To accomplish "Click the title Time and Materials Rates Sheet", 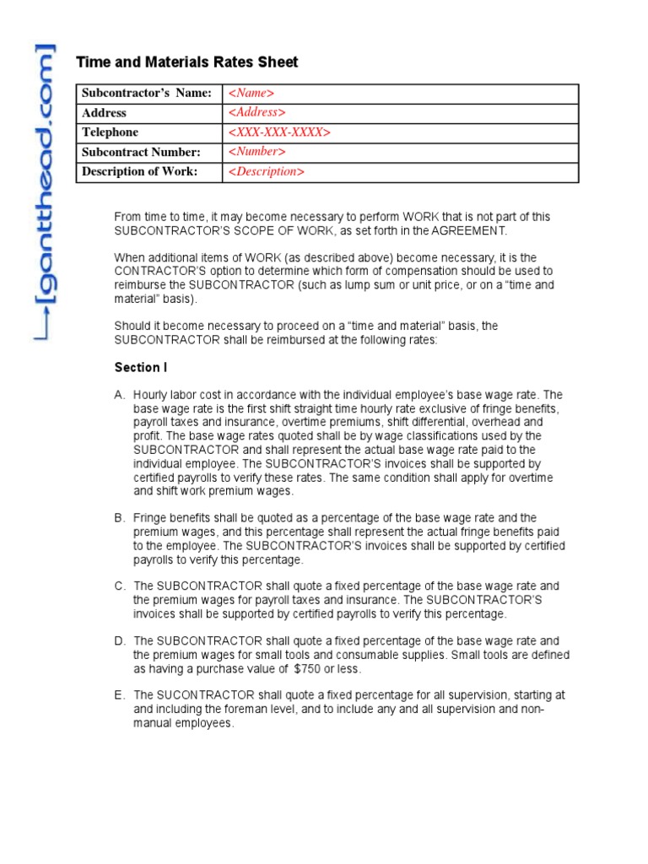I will [186, 62].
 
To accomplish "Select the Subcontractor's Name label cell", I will [146, 93].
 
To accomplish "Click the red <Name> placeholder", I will [251, 93].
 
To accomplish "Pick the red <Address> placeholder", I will [256, 112].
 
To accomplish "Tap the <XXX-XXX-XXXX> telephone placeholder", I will [279, 132].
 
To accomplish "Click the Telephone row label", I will [110, 132].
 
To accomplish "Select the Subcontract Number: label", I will [141, 152].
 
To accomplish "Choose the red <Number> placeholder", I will [256, 152].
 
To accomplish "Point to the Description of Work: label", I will [139, 172].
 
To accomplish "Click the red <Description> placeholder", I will [266, 172].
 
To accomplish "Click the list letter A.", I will [118, 395].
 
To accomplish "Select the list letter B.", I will [118, 518].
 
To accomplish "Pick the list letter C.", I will [118, 586].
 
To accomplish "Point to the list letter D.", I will [118, 641].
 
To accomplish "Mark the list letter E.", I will [118, 695].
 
